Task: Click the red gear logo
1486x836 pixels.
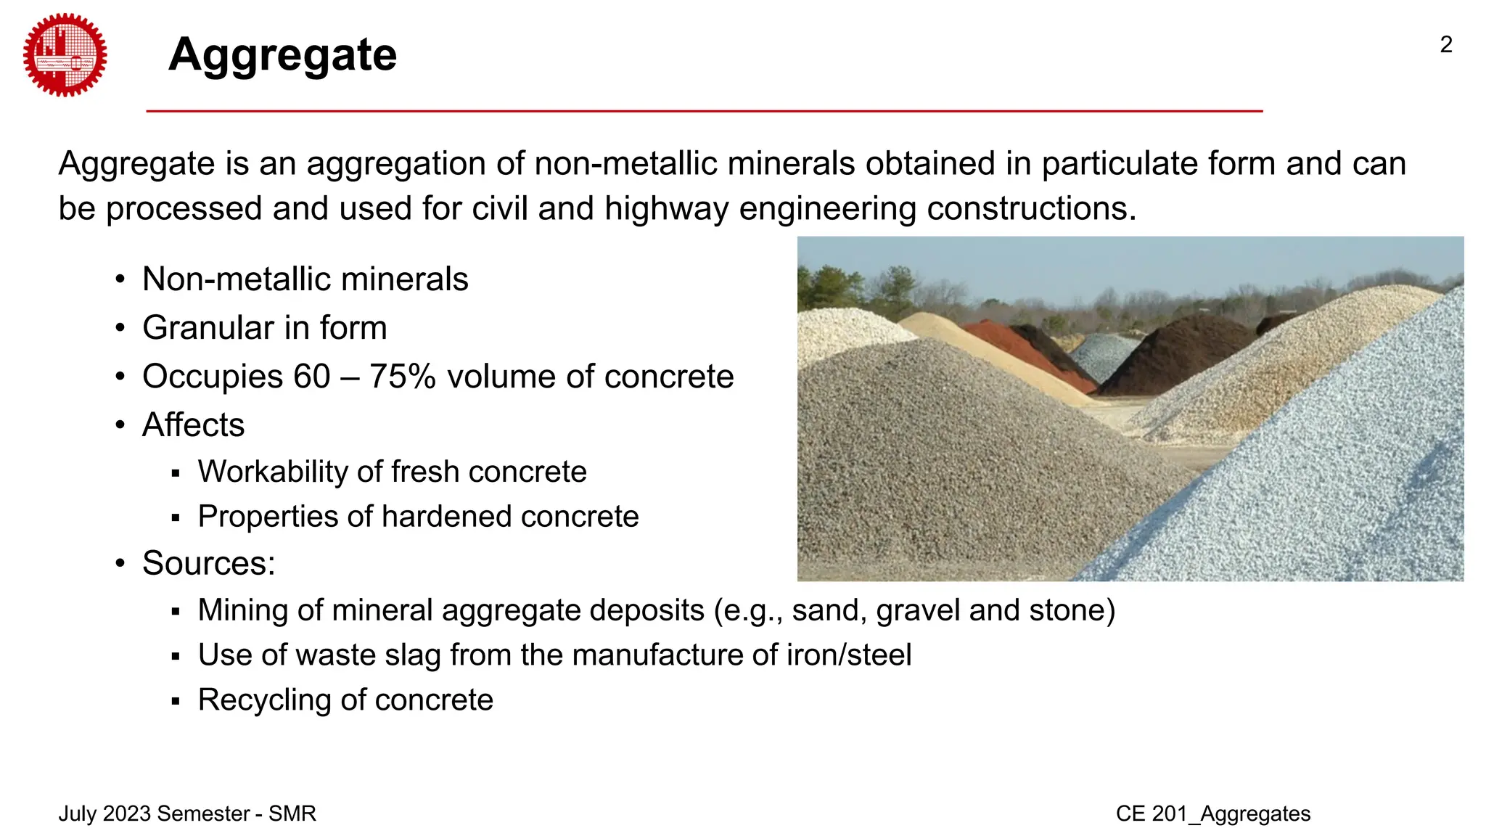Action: coord(65,55)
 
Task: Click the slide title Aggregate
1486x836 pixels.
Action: coord(282,55)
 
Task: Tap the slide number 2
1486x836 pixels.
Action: coord(1445,45)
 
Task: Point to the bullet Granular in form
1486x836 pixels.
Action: coord(264,328)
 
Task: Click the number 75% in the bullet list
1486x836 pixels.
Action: coord(402,377)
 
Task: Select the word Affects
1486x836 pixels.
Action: coord(193,425)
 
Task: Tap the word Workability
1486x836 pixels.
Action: coord(271,472)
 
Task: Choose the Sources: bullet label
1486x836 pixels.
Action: coord(208,563)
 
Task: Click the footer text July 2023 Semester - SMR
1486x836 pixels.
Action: coord(187,814)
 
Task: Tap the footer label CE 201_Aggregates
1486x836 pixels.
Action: coord(1212,814)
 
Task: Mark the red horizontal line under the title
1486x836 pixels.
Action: coord(704,111)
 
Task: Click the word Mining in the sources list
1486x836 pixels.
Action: coord(242,610)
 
